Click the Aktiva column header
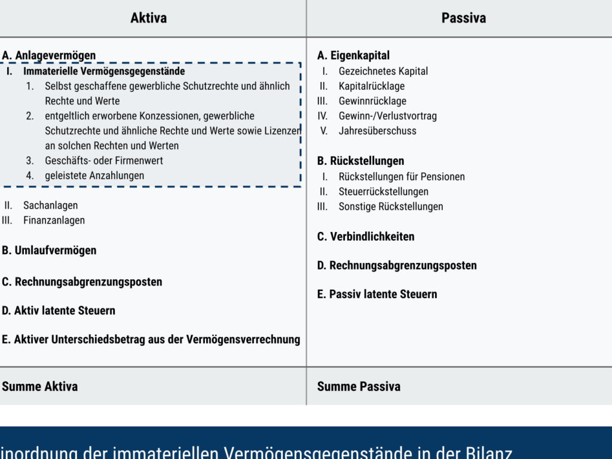tap(148, 18)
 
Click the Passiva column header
tap(463, 18)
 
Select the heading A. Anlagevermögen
tap(49, 56)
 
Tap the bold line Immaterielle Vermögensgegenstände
tap(104, 71)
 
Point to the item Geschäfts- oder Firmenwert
tap(103, 161)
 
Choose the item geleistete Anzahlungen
tap(94, 176)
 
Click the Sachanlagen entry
tap(50, 206)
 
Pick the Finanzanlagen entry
tap(54, 221)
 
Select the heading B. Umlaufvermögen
tap(49, 250)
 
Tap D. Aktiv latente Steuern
tap(59, 311)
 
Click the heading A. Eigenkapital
tap(353, 56)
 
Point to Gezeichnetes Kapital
tap(383, 71)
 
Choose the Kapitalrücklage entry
tap(372, 86)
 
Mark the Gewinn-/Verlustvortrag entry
tap(387, 116)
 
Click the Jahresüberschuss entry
tap(377, 131)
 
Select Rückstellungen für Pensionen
tap(402, 177)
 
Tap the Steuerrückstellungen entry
tap(383, 192)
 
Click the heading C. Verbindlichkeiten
tap(366, 237)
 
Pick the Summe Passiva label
tap(359, 386)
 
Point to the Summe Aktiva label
tap(40, 386)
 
